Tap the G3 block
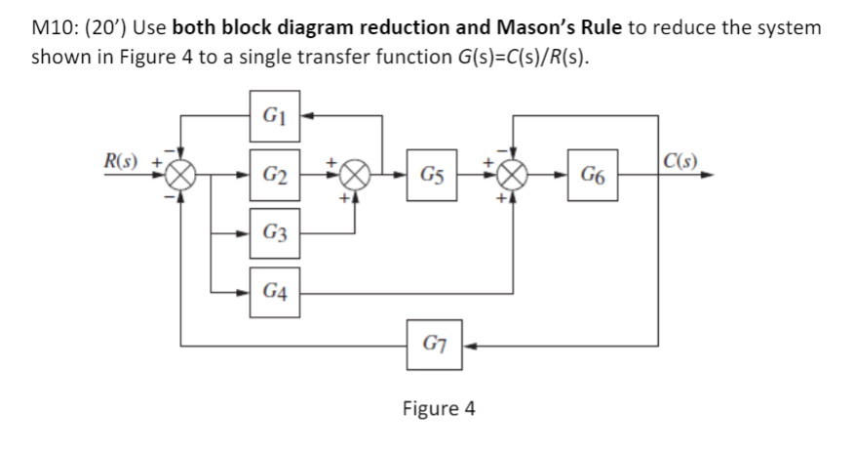click(274, 235)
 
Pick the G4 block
click(274, 291)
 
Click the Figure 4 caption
click(438, 408)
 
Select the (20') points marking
click(103, 26)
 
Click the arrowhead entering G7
click(468, 345)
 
